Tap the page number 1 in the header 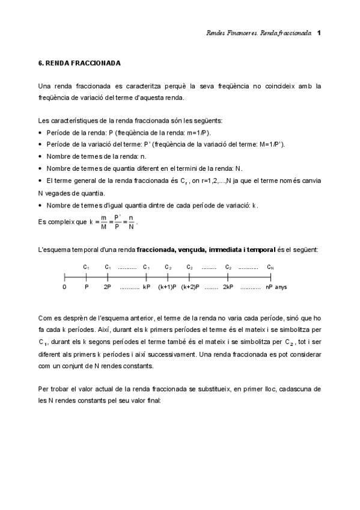click(x=319, y=32)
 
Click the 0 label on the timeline click(x=64, y=287)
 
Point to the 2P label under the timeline click(x=107, y=287)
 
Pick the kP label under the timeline click(x=146, y=287)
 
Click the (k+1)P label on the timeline click(x=167, y=287)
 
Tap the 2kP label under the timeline click(x=228, y=287)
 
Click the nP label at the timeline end click(x=269, y=287)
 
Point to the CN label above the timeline click(x=270, y=267)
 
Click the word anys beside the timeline click(x=281, y=287)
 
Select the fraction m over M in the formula click(x=104, y=222)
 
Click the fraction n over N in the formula click(x=131, y=222)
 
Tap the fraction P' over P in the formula click(x=117, y=222)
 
